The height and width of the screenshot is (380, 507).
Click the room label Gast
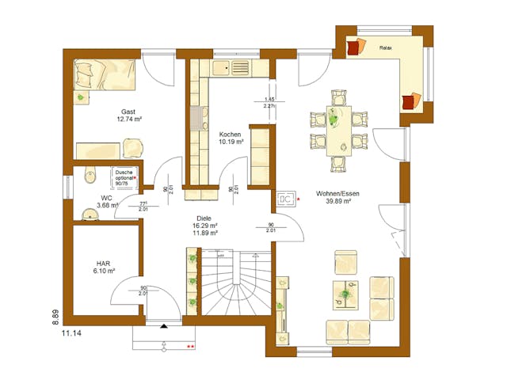coord(128,112)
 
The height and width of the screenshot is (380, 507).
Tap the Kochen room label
coord(231,135)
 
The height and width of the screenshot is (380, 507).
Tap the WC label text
coord(106,197)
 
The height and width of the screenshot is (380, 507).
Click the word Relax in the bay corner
coord(387,47)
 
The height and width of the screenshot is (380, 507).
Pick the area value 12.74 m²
coord(128,120)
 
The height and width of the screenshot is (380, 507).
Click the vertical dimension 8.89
coord(55,316)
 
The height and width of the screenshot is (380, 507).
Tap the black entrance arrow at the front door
coord(164,325)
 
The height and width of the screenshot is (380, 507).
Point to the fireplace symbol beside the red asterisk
coord(286,199)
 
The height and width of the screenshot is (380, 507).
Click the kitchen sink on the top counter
coord(236,68)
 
